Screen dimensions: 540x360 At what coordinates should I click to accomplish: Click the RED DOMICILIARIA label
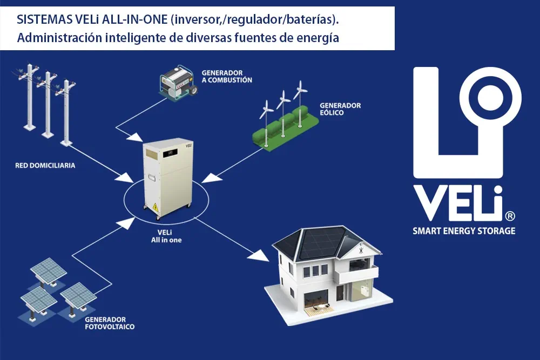point(45,166)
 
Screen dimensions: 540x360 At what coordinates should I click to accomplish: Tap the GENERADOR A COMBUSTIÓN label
point(227,77)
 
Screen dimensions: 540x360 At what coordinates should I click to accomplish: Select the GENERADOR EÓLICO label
point(340,109)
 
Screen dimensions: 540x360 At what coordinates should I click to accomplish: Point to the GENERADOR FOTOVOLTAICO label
point(110,323)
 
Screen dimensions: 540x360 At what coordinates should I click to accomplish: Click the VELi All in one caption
point(166,236)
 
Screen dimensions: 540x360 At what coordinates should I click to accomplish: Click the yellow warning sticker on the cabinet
point(156,207)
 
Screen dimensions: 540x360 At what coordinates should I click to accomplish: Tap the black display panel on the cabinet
point(170,152)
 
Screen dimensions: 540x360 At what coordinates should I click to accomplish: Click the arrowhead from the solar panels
point(127,223)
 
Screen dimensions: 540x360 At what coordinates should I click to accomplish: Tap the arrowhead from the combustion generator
point(136,137)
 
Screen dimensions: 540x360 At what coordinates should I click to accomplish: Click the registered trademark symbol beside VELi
point(510,216)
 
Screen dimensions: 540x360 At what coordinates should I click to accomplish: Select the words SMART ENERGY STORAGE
point(464,230)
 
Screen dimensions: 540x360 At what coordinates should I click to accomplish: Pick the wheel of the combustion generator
point(193,90)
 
